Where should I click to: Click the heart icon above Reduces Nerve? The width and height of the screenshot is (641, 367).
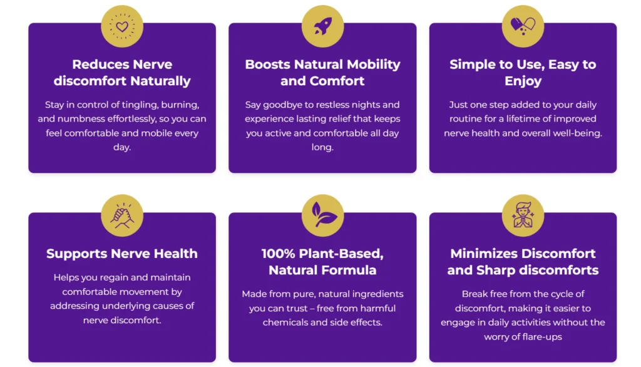pos(122,26)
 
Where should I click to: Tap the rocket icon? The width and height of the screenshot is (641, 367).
pos(323,26)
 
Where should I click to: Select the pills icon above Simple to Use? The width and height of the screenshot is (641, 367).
pos(523,26)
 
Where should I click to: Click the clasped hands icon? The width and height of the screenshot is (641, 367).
pos(122,215)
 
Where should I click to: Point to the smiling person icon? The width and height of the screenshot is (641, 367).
pos(523,215)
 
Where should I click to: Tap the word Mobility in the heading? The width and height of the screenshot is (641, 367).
pos(373,65)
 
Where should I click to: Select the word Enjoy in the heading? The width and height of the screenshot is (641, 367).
pos(523,81)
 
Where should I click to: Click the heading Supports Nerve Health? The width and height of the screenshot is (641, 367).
pos(122,254)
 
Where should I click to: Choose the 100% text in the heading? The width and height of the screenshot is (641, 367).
pos(278,254)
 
